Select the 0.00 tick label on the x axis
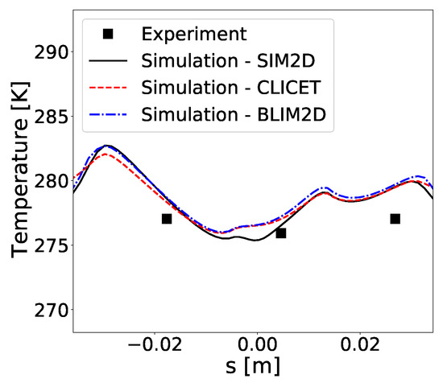[x=256, y=345]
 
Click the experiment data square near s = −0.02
[x=167, y=219]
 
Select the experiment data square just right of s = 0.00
[x=281, y=233]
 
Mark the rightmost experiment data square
[x=395, y=219]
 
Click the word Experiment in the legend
[x=191, y=34]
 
